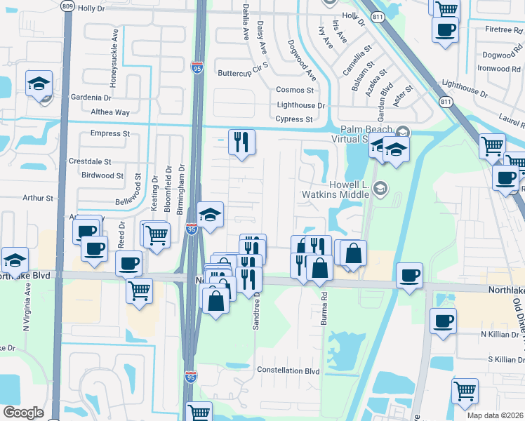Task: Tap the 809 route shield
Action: pyautogui.click(x=67, y=6)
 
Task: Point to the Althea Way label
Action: pyautogui.click(x=110, y=112)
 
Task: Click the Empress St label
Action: pyautogui.click(x=110, y=133)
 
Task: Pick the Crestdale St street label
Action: pyautogui.click(x=90, y=161)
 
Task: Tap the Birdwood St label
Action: pyautogui.click(x=102, y=175)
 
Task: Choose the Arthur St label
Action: pyautogui.click(x=38, y=199)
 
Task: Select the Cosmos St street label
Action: pyautogui.click(x=295, y=90)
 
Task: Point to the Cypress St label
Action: pyautogui.click(x=294, y=119)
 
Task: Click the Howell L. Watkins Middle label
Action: pyautogui.click(x=335, y=188)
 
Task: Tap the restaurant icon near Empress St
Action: pyautogui.click(x=241, y=142)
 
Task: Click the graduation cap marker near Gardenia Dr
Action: pyautogui.click(x=39, y=84)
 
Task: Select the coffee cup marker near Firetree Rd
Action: pyautogui.click(x=446, y=30)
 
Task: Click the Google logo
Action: pyautogui.click(x=24, y=413)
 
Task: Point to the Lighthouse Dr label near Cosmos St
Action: pyautogui.click(x=301, y=105)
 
